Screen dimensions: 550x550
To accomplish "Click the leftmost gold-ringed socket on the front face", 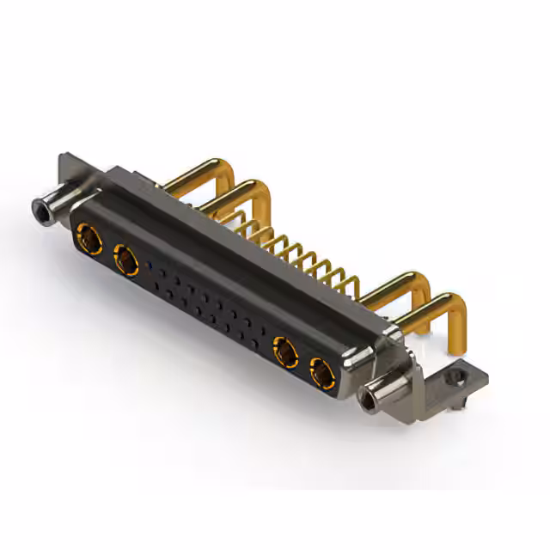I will [x=88, y=235].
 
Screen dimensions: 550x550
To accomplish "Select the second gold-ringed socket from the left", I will [x=126, y=260].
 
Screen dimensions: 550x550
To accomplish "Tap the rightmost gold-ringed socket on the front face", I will [x=322, y=373].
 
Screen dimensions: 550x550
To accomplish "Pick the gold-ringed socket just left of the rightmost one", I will [x=284, y=351].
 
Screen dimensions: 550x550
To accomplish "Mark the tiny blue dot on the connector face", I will [x=151, y=265].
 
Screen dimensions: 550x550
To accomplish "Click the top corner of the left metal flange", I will [x=62, y=157].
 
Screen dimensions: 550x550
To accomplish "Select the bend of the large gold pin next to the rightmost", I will [x=419, y=280].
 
